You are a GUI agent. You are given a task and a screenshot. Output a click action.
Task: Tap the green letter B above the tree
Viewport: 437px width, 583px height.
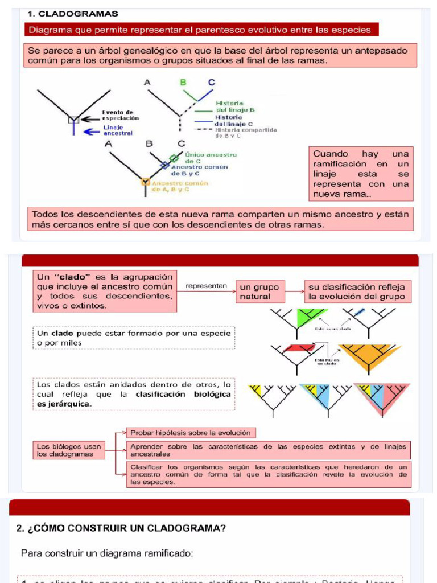click(183, 83)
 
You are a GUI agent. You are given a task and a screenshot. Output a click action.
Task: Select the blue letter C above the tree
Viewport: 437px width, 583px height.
click(212, 83)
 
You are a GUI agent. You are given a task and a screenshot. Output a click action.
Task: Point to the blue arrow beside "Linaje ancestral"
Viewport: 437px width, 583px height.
click(91, 131)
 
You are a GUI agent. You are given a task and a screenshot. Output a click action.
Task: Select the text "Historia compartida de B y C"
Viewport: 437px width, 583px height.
click(246, 133)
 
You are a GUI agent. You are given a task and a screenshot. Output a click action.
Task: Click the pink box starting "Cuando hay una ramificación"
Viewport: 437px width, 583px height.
click(361, 174)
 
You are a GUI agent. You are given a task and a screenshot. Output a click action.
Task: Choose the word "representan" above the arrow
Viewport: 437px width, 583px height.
click(207, 286)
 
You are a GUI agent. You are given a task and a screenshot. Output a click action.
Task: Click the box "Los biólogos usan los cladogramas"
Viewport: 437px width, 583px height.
click(69, 450)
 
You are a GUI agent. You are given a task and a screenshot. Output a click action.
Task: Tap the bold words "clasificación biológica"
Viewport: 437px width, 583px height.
click(183, 394)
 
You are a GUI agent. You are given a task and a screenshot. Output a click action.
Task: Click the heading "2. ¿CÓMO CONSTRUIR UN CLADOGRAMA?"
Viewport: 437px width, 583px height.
click(122, 528)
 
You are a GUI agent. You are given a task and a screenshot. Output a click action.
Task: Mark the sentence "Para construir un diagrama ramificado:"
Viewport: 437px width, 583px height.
click(107, 553)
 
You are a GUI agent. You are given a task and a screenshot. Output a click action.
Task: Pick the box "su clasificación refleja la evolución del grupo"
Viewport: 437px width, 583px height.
click(357, 292)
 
